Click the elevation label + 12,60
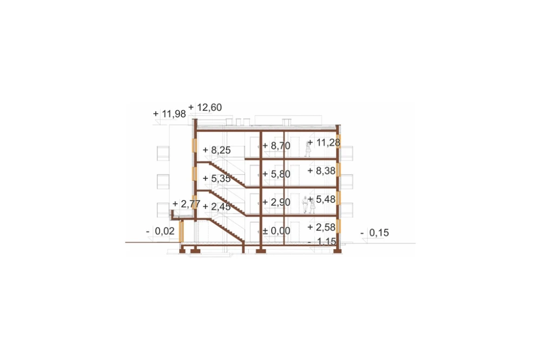[x=205, y=108]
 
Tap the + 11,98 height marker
[x=169, y=114]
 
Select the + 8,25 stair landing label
[x=217, y=150]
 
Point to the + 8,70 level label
[x=276, y=146]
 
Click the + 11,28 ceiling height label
[x=324, y=142]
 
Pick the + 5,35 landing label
[x=217, y=178]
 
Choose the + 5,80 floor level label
[x=276, y=174]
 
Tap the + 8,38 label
[x=321, y=171]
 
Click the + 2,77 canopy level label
[x=186, y=204]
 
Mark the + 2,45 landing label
[x=217, y=207]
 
